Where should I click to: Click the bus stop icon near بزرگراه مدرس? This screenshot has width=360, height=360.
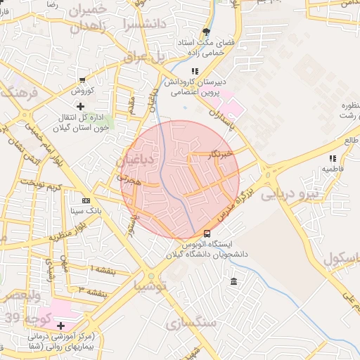[x=207, y=233]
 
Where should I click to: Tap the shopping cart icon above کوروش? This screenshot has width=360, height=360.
[x=84, y=79]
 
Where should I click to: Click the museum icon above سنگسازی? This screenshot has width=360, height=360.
[x=233, y=282]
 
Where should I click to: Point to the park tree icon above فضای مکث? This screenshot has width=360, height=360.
[x=206, y=32]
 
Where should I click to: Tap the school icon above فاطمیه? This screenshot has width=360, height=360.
[x=333, y=160]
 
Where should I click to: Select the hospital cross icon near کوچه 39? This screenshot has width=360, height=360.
[x=61, y=326]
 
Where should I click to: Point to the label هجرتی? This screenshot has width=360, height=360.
[x=129, y=180]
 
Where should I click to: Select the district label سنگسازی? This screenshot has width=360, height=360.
[x=191, y=323]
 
